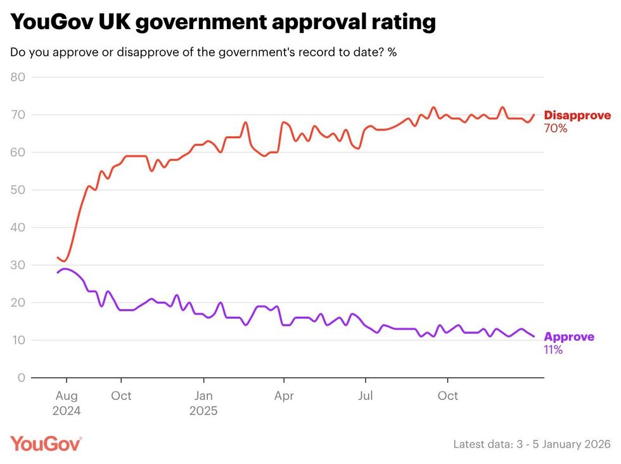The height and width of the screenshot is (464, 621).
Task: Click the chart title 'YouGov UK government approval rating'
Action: point(223,23)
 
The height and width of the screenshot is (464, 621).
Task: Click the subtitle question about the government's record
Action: point(203,53)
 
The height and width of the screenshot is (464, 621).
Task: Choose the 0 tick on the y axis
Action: point(21,378)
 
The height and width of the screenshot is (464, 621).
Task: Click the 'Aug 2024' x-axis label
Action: point(66,403)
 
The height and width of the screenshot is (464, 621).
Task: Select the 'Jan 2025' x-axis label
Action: point(203,403)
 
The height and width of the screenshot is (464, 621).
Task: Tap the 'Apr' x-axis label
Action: point(283,396)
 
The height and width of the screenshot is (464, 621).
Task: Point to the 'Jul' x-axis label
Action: point(365,396)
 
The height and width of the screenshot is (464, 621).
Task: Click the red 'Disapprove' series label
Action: point(577,115)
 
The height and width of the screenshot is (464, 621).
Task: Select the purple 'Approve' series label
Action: point(569,337)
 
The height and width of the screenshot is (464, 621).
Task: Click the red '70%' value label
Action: point(555,128)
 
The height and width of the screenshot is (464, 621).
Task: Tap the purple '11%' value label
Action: point(553,349)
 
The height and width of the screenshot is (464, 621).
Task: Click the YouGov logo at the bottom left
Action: point(46,443)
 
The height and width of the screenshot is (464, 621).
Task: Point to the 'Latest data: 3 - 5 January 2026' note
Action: point(532,444)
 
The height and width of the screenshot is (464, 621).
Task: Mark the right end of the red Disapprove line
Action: point(534,115)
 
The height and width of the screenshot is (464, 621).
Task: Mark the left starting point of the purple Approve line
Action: point(58,273)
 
